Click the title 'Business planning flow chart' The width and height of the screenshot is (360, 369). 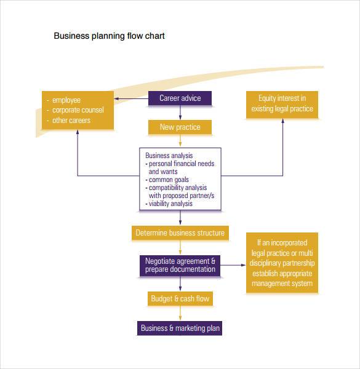pos(109,36)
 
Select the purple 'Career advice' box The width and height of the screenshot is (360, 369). pos(180,98)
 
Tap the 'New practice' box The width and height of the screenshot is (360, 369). pos(180,127)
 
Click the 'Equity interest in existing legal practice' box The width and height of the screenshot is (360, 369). pos(282,104)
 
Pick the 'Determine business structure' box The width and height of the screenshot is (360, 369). pos(180,233)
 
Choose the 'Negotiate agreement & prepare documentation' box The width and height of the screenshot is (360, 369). pos(180,265)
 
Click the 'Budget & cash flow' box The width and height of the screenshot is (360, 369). pos(180,299)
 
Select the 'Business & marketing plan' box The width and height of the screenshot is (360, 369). pos(180,328)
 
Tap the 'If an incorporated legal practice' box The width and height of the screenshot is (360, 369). pos(282,261)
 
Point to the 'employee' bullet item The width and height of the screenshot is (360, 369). pos(66,100)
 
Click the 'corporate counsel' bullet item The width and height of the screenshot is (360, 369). pos(78,110)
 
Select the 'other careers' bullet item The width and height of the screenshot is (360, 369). pos(71,121)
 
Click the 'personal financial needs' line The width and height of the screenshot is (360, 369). pos(180,164)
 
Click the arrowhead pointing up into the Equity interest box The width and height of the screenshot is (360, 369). pos(282,121)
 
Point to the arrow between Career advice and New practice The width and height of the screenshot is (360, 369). pos(180,113)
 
